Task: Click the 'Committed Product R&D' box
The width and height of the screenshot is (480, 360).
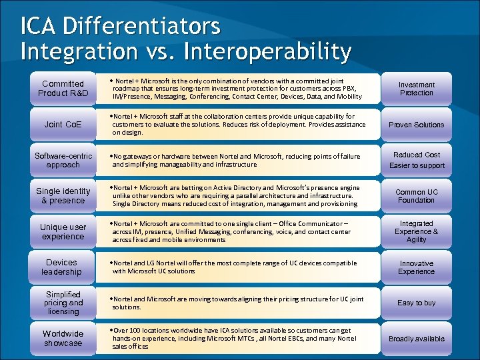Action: pos(63,89)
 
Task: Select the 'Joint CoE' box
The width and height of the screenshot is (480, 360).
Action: pos(63,125)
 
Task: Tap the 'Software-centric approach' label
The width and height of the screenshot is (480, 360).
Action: pos(63,160)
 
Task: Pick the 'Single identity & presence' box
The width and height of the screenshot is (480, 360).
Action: pos(63,196)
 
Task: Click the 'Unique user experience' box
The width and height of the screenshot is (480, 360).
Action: pos(63,232)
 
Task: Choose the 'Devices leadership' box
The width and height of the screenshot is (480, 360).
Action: pos(63,267)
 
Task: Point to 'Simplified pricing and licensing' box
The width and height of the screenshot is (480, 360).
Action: pos(63,303)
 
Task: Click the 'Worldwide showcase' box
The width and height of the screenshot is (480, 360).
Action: pos(63,339)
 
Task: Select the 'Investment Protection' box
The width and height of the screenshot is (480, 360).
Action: pos(417,89)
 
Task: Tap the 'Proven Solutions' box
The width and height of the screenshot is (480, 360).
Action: pos(417,125)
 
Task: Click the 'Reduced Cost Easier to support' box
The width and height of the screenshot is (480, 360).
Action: pos(417,160)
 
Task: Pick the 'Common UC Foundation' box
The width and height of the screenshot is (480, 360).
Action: pos(417,196)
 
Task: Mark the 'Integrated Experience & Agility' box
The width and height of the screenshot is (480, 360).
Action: pos(417,232)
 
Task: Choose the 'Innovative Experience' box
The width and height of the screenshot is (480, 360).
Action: pos(417,267)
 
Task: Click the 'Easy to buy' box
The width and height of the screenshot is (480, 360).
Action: pos(417,303)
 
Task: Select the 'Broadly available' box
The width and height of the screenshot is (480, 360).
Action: pos(417,339)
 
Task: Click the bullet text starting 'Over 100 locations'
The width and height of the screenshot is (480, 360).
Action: pos(233,339)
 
